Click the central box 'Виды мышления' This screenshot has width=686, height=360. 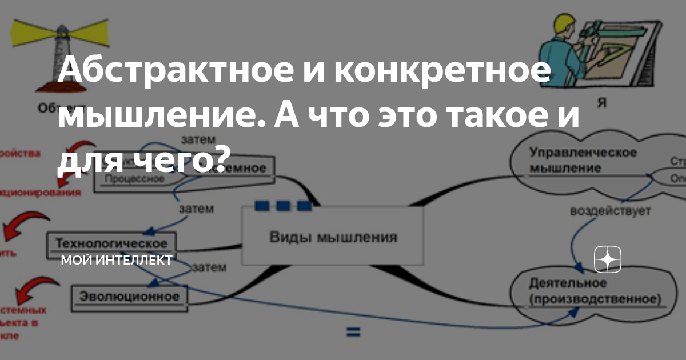[x=333, y=237]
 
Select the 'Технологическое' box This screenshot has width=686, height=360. [x=111, y=242]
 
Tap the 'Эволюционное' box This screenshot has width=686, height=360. [x=129, y=297]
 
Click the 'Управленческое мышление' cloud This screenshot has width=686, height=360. [x=583, y=161]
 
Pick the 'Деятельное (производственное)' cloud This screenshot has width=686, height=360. [x=595, y=291]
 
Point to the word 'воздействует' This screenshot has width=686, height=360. [x=610, y=211]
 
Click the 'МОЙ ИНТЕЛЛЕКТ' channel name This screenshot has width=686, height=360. [x=117, y=260]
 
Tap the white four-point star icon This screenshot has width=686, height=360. [x=608, y=260]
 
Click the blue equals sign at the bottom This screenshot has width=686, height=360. [x=353, y=331]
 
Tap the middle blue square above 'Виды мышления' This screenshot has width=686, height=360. [x=282, y=206]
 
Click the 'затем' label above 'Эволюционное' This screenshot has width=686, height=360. [x=209, y=267]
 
